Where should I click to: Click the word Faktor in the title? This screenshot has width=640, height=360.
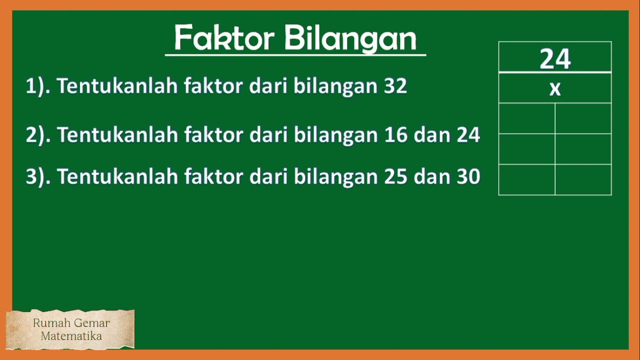pyautogui.click(x=223, y=38)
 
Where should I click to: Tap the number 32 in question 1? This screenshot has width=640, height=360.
pyautogui.click(x=395, y=86)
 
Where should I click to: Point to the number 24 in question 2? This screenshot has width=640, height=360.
pyautogui.click(x=468, y=135)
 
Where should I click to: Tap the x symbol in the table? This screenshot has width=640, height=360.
pyautogui.click(x=555, y=89)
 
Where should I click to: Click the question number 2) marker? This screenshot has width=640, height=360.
pyautogui.click(x=37, y=135)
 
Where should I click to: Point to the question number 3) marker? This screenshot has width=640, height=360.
pyautogui.click(x=37, y=177)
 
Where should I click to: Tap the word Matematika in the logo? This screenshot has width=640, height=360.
pyautogui.click(x=71, y=336)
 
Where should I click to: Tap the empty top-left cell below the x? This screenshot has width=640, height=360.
pyautogui.click(x=527, y=118)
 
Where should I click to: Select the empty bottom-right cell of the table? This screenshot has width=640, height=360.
pyautogui.click(x=583, y=179)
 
